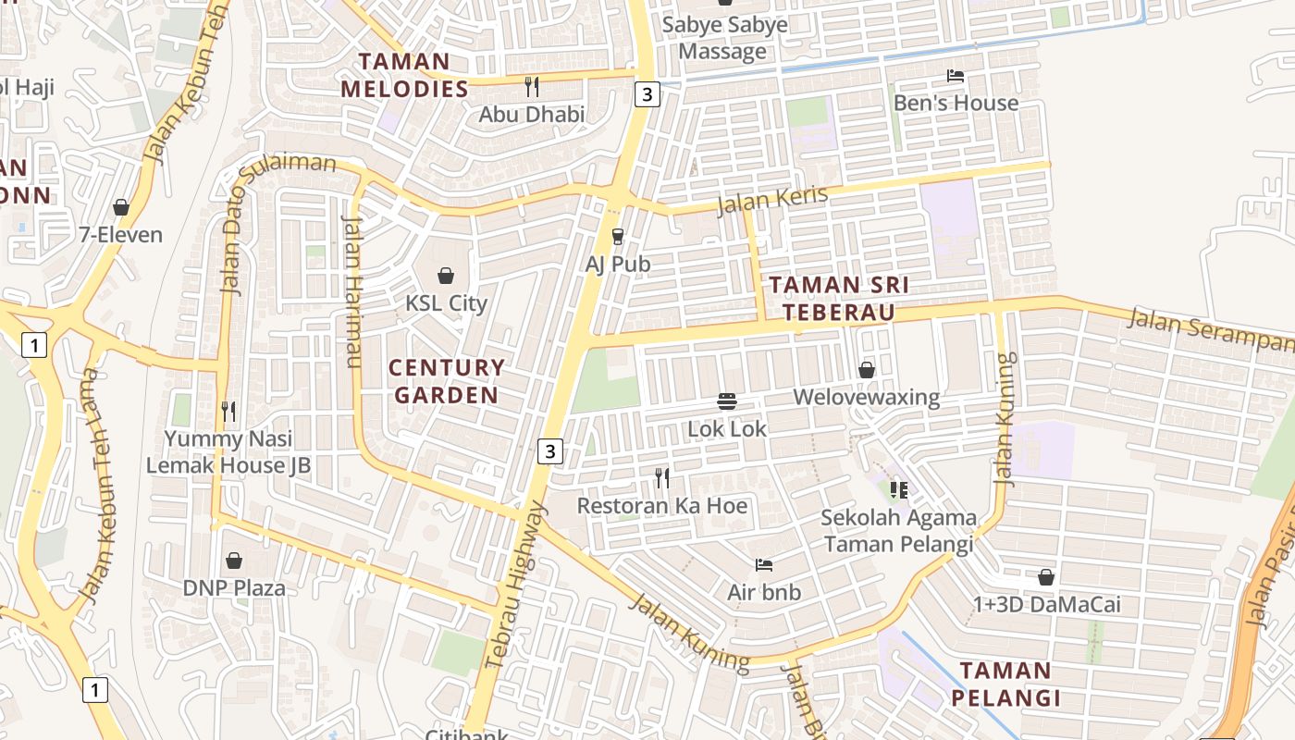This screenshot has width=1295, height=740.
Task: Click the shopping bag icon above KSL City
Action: (x=446, y=276)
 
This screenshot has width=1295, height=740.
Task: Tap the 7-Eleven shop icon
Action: (x=121, y=207)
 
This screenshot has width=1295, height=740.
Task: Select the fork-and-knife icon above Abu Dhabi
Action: (x=531, y=87)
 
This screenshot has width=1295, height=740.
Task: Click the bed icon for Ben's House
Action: (x=956, y=76)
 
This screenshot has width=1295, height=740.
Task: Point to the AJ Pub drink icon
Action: (x=618, y=238)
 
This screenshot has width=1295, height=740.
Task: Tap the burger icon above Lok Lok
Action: (x=727, y=401)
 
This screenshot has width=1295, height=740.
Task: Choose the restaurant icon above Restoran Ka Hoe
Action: (x=662, y=478)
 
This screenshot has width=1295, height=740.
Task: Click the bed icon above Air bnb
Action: (x=764, y=564)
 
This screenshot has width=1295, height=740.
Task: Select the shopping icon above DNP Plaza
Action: (x=234, y=561)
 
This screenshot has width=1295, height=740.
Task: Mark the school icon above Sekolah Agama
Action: (x=898, y=489)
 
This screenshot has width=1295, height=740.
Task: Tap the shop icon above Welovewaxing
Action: (x=867, y=370)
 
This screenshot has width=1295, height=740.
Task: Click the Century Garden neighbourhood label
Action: (x=447, y=381)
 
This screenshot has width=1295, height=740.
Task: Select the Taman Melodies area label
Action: (x=405, y=76)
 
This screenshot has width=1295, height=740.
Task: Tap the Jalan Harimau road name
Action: (x=352, y=291)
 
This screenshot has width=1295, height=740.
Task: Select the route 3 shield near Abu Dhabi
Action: (x=647, y=93)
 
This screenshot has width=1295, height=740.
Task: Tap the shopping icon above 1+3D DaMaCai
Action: (x=1046, y=577)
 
